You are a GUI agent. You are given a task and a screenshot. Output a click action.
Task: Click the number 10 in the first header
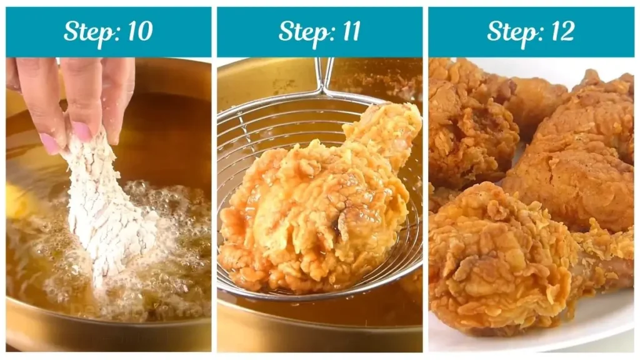138,31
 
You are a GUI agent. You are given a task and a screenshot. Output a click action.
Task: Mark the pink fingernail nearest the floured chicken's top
82,131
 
